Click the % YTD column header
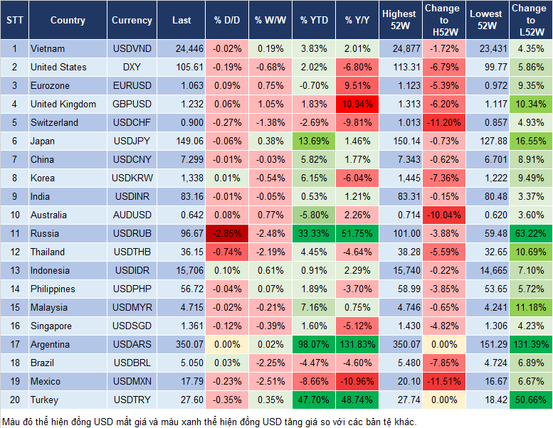pos(314,20)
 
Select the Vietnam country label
pos(48,48)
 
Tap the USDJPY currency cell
pos(132,141)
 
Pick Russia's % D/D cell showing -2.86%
pos(228,233)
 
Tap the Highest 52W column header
pos(399,20)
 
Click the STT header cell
pos(14,20)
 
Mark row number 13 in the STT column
pos(14,270)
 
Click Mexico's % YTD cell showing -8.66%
pos(314,381)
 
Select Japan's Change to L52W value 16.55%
pos(529,141)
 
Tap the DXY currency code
pos(132,67)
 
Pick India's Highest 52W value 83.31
pos(399,196)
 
